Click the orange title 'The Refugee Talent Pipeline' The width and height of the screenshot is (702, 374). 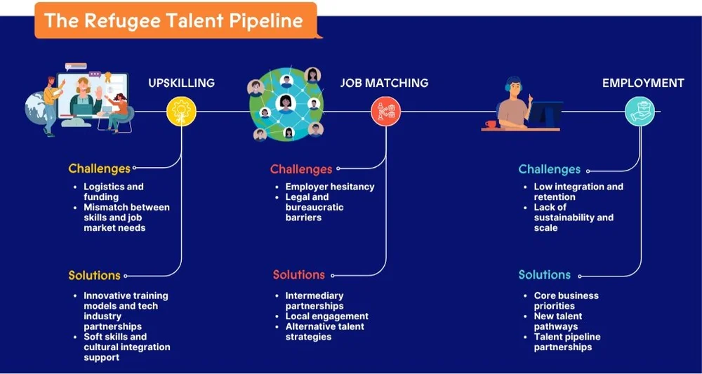pos(173,20)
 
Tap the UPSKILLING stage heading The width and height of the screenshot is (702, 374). pos(181,83)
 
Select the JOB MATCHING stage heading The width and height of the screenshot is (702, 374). pos(384,83)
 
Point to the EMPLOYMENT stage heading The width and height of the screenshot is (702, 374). pos(643,83)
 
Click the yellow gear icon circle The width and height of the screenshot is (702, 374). pos(181,112)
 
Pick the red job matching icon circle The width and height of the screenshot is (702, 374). pos(385,111)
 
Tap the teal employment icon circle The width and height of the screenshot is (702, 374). pos(640,111)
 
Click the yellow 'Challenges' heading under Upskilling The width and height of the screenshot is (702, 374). pos(99,168)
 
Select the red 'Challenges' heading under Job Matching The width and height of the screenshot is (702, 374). pos(300,169)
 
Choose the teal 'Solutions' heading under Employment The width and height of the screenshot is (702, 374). pos(544,275)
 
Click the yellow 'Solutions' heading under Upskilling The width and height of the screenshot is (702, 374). pos(94,275)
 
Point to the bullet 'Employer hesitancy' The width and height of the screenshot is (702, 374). pos(329,187)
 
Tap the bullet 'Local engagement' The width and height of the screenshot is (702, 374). pos(326,316)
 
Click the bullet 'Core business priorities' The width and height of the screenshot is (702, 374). pos(566,300)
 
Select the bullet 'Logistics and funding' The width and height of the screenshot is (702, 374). pos(113,192)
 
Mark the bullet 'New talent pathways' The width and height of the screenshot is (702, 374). pos(558,321)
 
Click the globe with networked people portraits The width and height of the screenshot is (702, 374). pos(286,103)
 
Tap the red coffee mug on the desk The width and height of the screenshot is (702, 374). pos(491,124)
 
